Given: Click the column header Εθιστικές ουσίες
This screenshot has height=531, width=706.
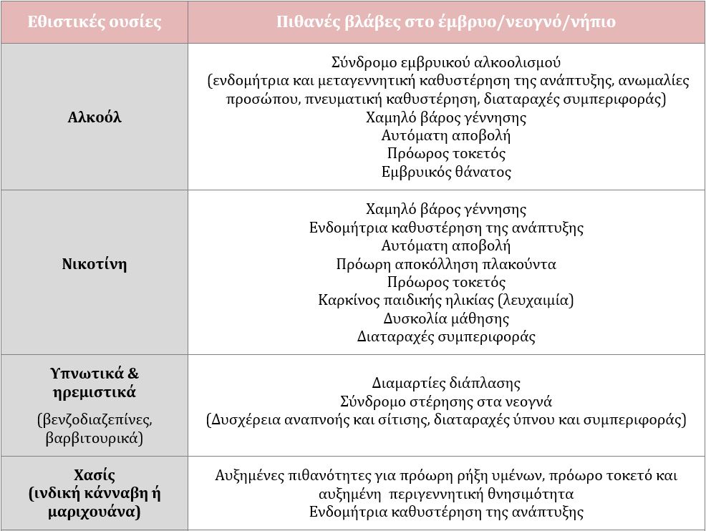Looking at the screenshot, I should coord(94,21).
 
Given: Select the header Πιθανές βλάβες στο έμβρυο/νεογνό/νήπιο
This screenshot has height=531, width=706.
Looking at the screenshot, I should coord(446,21).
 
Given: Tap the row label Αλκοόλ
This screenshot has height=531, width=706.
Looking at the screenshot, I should coord(94,117).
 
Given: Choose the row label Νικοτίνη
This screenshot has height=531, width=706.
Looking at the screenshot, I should coord(94,264).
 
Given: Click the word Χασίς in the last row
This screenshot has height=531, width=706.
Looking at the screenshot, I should coord(94,475).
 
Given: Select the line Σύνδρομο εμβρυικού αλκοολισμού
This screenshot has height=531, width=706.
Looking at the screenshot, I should coord(446,62).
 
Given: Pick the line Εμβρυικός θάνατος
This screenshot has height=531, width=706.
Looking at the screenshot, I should coord(446,172).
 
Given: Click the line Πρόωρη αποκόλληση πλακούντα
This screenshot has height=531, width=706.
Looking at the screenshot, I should coord(446,264).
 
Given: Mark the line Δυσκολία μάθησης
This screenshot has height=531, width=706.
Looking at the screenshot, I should coord(446,318).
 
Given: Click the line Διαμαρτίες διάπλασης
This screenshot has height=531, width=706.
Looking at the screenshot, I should coord(446,383).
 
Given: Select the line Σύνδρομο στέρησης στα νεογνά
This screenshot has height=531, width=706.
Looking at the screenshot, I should coord(446,401).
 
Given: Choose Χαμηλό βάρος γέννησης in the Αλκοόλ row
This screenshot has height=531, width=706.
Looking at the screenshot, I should coord(446,117).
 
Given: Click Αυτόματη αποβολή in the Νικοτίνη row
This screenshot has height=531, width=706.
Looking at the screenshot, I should coord(446,245).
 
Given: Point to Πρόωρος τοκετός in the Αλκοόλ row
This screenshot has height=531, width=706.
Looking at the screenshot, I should coord(446,153).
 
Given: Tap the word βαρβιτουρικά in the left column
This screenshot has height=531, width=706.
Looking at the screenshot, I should coord(94,437).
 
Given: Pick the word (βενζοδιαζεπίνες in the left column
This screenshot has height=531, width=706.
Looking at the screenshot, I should coord(94,419).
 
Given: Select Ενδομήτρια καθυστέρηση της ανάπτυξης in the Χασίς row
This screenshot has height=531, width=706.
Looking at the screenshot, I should coord(446,512).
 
